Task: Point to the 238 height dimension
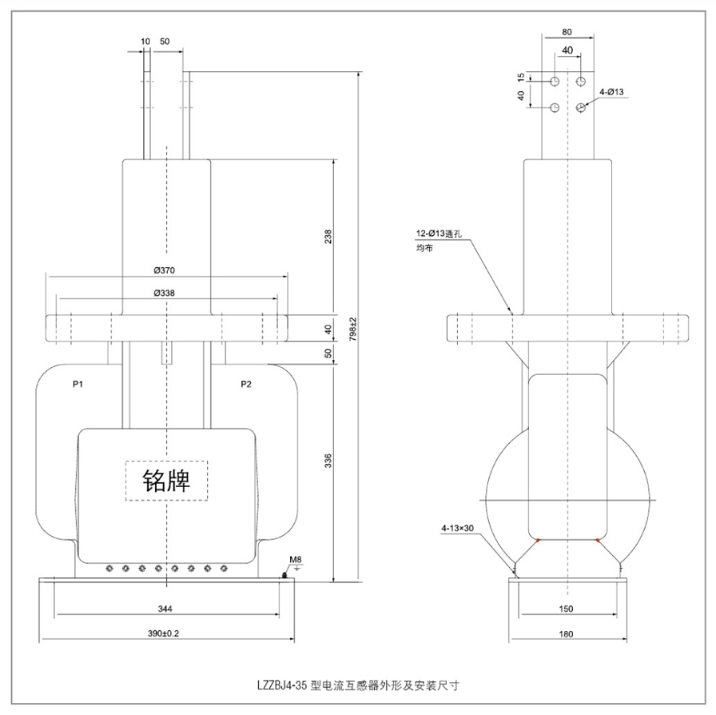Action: pyautogui.click(x=328, y=237)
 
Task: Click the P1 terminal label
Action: pyautogui.click(x=78, y=385)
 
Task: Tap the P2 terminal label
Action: pyautogui.click(x=246, y=385)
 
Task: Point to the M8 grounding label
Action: pyautogui.click(x=294, y=558)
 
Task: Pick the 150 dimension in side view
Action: pyautogui.click(x=566, y=609)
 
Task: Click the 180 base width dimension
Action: pyautogui.click(x=566, y=633)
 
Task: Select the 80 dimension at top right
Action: pyautogui.click(x=566, y=32)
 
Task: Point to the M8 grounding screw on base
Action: pyautogui.click(x=285, y=574)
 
